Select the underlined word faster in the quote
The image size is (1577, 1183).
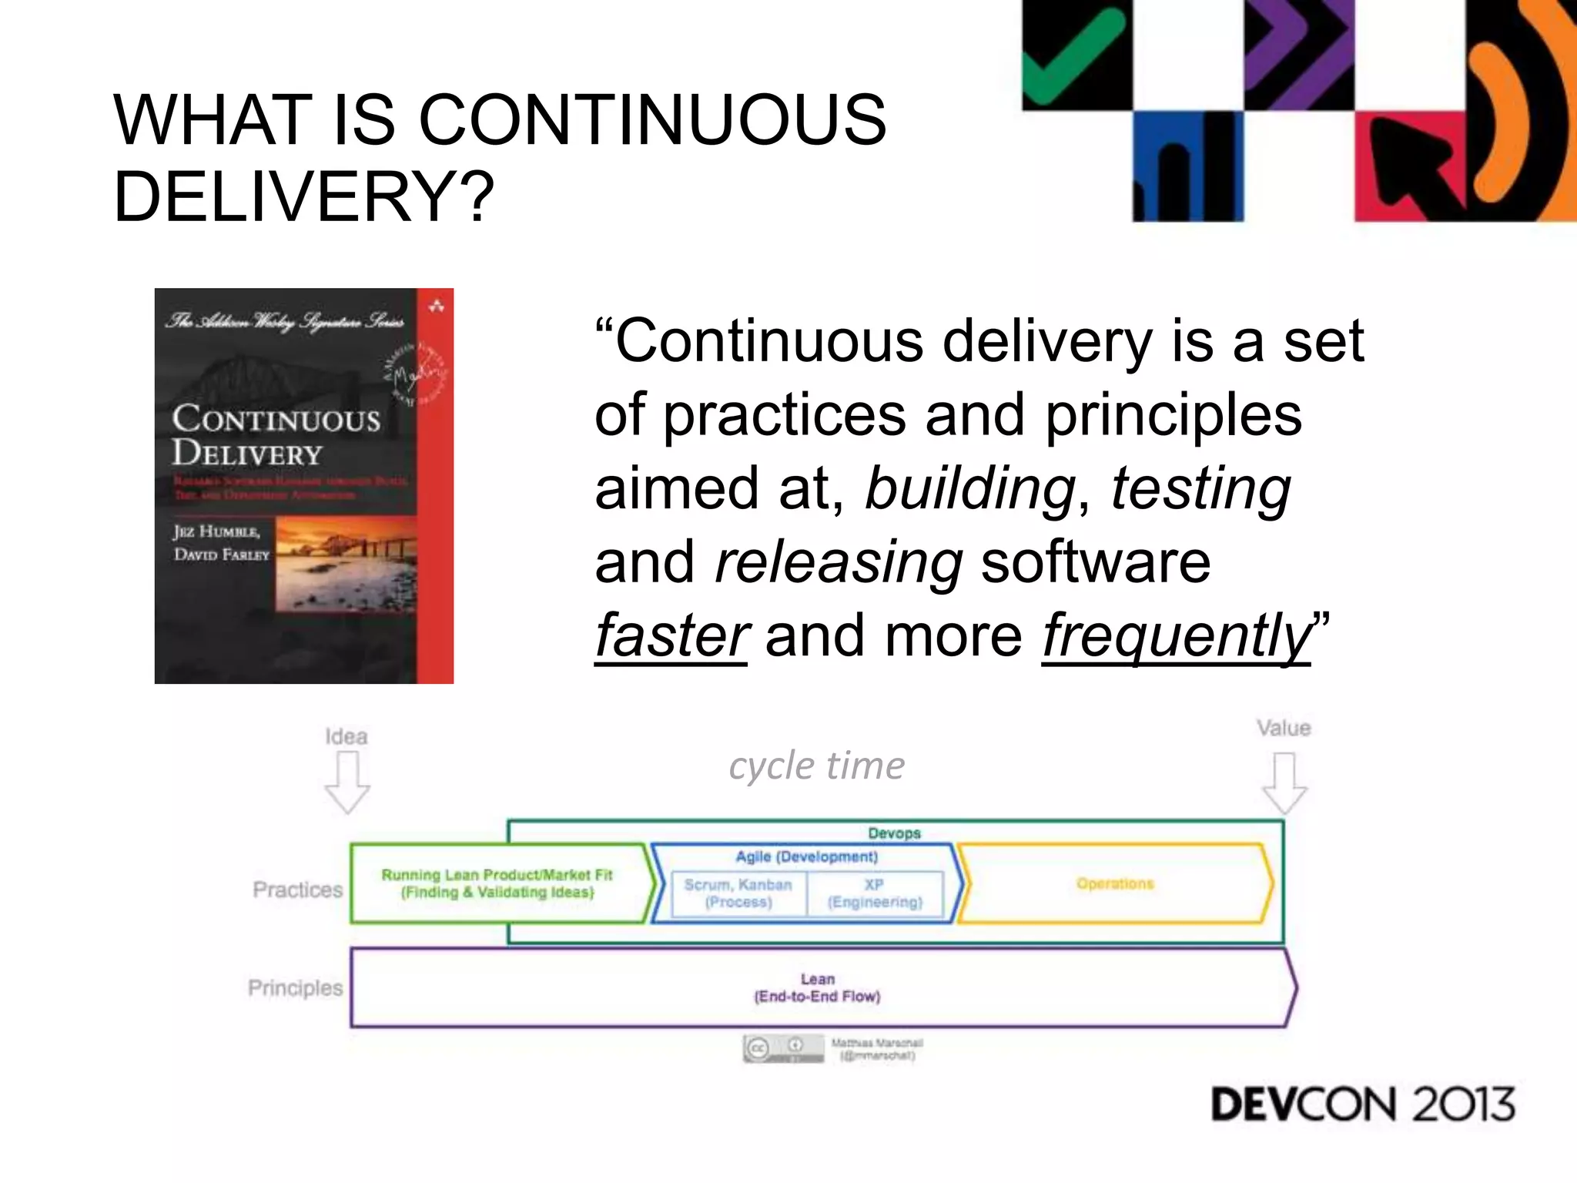click(x=670, y=635)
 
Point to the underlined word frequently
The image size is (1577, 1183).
click(x=1175, y=635)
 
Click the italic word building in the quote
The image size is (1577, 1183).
click(x=969, y=488)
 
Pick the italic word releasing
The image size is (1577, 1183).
click(x=838, y=561)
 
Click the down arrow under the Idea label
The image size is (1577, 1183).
click(x=347, y=782)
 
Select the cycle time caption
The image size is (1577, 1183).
click(x=816, y=766)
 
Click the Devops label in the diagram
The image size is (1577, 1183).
click(x=894, y=833)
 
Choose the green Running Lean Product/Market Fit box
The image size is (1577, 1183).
click(x=497, y=883)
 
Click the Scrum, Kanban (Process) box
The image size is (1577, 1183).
click(x=738, y=893)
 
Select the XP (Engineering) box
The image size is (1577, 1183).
click(x=875, y=893)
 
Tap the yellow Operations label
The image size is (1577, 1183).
click(x=1115, y=883)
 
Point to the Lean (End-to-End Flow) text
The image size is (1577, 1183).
click(x=817, y=988)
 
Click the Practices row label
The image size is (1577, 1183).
click(x=297, y=890)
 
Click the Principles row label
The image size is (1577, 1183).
click(x=295, y=988)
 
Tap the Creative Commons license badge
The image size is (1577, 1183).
click(x=782, y=1048)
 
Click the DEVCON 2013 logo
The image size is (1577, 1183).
click(x=1362, y=1104)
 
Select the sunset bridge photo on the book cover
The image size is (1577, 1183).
click(x=347, y=565)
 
